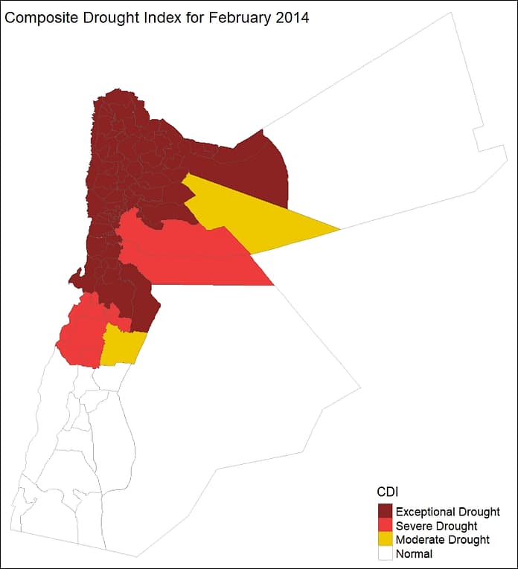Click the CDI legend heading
click(x=388, y=492)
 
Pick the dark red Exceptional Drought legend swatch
click(x=385, y=512)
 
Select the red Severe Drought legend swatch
click(x=385, y=526)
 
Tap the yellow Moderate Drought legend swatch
click(x=385, y=539)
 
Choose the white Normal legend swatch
click(x=385, y=553)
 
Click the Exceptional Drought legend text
click(x=447, y=512)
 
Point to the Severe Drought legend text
click(x=435, y=526)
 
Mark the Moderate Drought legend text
click(x=442, y=539)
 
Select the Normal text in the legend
click(x=414, y=553)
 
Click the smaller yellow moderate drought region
click(x=121, y=347)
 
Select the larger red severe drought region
click(x=194, y=257)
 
